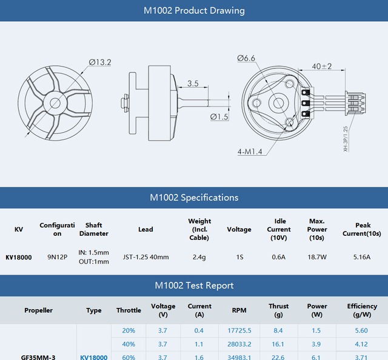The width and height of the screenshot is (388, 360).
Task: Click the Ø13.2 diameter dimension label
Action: click(x=100, y=62)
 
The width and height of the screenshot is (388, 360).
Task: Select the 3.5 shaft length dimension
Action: click(x=193, y=83)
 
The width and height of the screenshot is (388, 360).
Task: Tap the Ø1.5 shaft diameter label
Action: click(x=219, y=116)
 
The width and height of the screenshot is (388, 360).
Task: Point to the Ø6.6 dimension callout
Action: click(x=247, y=58)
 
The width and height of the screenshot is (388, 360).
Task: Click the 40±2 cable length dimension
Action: click(x=322, y=66)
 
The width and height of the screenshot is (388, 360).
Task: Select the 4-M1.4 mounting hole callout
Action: click(x=250, y=152)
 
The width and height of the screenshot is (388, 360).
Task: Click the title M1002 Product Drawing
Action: click(x=194, y=11)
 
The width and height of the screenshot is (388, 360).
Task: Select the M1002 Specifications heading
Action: click(x=194, y=198)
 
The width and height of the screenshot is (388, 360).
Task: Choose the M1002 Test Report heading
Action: click(x=194, y=285)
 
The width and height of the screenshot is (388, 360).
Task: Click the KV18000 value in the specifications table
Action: click(x=19, y=257)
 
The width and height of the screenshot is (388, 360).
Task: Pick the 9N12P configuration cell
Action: click(x=57, y=257)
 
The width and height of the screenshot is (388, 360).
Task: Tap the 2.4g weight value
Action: click(x=199, y=257)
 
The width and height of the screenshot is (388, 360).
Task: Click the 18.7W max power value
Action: click(x=317, y=257)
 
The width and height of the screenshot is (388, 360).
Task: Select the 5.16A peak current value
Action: click(x=362, y=257)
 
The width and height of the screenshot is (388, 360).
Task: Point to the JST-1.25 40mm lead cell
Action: click(x=145, y=257)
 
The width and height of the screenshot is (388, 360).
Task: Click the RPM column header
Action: click(x=239, y=310)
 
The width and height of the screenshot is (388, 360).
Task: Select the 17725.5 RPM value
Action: click(x=239, y=331)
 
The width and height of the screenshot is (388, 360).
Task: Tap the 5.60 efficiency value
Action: click(x=362, y=331)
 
